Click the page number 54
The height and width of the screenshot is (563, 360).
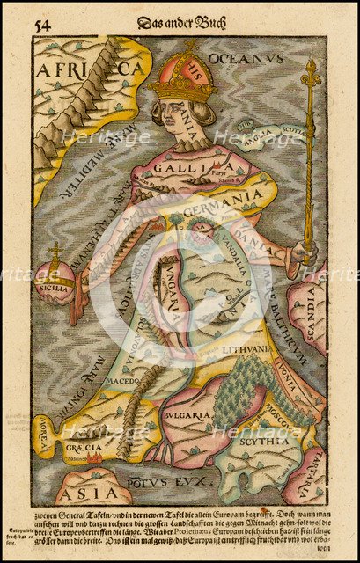click(x=40, y=24)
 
